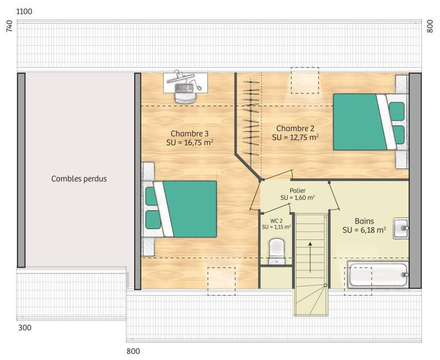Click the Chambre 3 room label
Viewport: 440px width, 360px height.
(x=189, y=133)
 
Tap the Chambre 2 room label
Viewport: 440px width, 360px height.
(x=295, y=129)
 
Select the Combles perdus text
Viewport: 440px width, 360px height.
(x=79, y=179)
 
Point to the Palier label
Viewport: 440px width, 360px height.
(x=298, y=191)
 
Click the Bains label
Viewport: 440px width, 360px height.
(x=364, y=221)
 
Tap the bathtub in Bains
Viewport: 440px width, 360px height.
(x=378, y=275)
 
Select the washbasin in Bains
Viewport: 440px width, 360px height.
(x=401, y=228)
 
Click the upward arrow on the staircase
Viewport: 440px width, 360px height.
(x=310, y=257)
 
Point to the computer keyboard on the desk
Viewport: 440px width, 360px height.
(x=184, y=88)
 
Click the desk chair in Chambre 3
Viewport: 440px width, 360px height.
(x=185, y=97)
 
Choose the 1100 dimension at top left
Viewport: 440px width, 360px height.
(x=24, y=11)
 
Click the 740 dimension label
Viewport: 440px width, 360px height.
(x=9, y=26)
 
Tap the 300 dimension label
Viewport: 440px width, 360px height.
(x=25, y=327)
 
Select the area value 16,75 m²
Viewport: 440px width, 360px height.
(x=198, y=142)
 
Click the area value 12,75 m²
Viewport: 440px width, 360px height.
(x=304, y=137)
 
